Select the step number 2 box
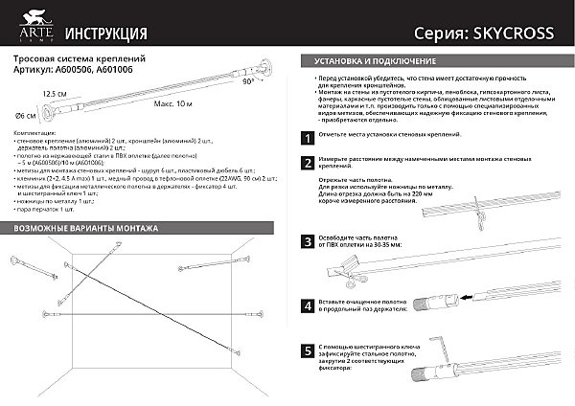(306, 164)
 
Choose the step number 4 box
(306, 306)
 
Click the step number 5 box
(306, 351)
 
